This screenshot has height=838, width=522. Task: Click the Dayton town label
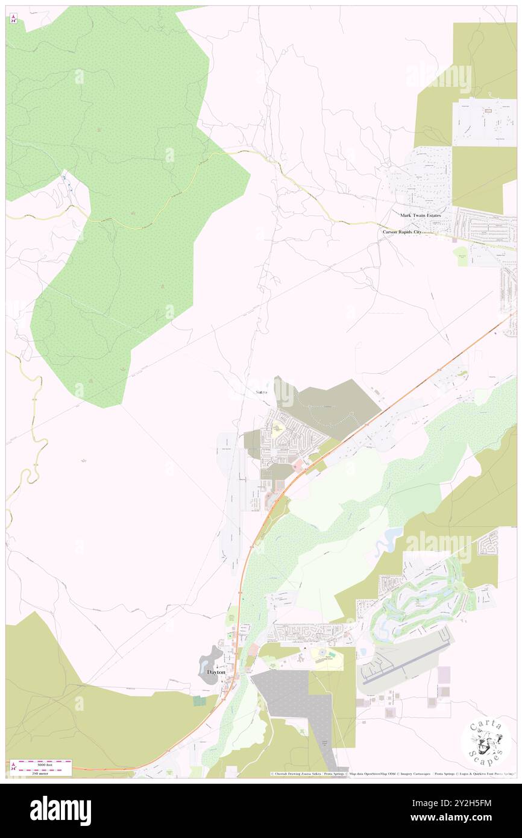click(216, 672)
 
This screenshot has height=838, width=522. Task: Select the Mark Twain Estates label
click(420, 215)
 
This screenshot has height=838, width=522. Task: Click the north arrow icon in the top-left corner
click(13, 19)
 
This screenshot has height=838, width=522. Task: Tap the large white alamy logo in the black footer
click(60, 810)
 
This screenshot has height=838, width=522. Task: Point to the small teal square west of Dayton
click(199, 701)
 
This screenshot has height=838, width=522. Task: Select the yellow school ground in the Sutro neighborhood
click(278, 430)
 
